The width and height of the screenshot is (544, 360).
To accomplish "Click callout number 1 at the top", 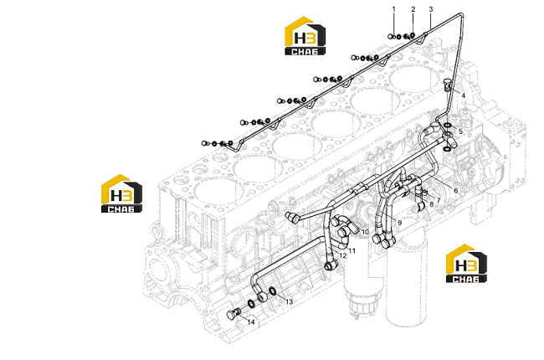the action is pos(394,9).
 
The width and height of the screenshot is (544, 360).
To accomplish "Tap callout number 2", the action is pos(413,9).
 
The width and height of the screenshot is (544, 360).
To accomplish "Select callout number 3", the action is pos(431,9).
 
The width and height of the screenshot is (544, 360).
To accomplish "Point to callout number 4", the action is pos(463,95).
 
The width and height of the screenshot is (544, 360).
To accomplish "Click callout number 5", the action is pos(461,131).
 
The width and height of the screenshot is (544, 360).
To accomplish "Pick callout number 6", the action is pos(456,190).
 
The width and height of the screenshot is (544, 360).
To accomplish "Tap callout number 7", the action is pos(439,200).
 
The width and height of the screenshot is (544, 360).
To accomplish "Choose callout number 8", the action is pos(432,204).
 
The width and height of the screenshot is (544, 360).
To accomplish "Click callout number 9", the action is pos(400,223).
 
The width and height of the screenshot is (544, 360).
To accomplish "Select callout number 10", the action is pos(365,232).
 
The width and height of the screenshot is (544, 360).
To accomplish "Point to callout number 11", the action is pos(352,250).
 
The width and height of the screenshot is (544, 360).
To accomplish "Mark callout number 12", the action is pos(343,256).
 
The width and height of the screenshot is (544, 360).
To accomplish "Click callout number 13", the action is pos(289,301).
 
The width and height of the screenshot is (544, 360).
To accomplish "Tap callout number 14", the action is pos(251,322).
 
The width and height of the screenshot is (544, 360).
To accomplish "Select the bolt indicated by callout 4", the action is pos(448,85).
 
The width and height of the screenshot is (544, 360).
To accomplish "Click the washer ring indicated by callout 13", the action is pos(273,291).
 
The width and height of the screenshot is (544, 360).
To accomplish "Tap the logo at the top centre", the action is pos(305,36).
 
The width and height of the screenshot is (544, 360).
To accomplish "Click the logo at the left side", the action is pos(121,193).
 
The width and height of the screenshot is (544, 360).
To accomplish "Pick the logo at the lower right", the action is pos(466,263).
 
